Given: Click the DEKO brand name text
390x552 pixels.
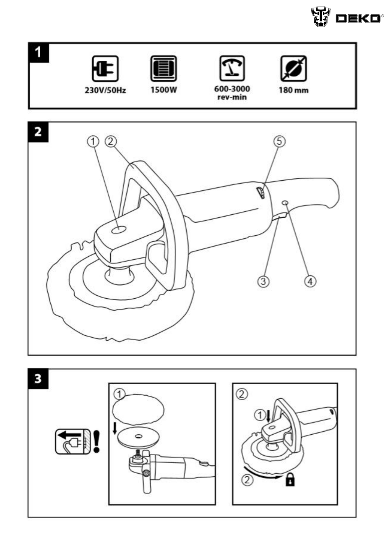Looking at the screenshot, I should pyautogui.click(x=358, y=18).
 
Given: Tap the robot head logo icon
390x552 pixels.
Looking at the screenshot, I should pyautogui.click(x=320, y=17).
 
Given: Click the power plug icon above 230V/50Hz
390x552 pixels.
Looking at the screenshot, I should pyautogui.click(x=105, y=69).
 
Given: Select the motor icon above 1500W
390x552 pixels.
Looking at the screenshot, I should pyautogui.click(x=164, y=69).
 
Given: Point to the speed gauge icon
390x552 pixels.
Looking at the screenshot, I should pyautogui.click(x=232, y=68).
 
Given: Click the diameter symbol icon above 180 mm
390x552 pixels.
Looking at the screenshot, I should pyautogui.click(x=293, y=69).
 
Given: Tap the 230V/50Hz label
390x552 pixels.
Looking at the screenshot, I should pyautogui.click(x=105, y=90).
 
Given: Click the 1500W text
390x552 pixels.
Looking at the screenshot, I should pyautogui.click(x=164, y=90).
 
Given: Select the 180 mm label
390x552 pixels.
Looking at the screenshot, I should pyautogui.click(x=293, y=90).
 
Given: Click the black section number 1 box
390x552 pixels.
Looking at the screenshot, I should pyautogui.click(x=39, y=52).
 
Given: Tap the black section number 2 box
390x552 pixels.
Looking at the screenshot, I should pyautogui.click(x=38, y=132).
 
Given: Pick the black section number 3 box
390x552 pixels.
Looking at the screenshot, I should pyautogui.click(x=38, y=379).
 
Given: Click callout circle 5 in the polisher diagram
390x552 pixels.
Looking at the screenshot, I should pyautogui.click(x=279, y=141).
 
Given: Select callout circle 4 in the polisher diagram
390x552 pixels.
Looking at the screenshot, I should pyautogui.click(x=310, y=281).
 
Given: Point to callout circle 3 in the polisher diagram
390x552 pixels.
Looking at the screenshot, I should pyautogui.click(x=264, y=281).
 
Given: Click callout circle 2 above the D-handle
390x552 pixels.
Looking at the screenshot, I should pyautogui.click(x=111, y=141).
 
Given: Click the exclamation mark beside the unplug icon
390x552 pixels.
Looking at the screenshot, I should pyautogui.click(x=96, y=441).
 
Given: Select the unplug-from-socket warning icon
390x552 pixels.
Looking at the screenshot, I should pyautogui.click(x=73, y=441).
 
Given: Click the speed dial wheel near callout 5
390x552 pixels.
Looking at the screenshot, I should pyautogui.click(x=260, y=192).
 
